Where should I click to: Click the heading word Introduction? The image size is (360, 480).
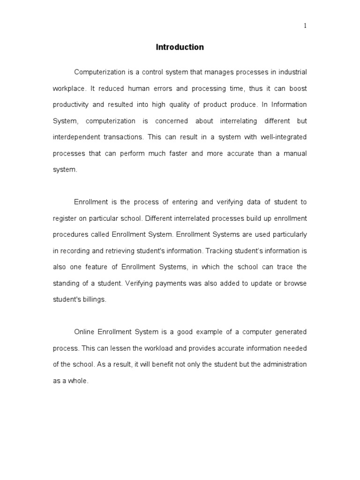[x=180, y=47]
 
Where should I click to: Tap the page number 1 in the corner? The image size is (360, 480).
[x=305, y=26]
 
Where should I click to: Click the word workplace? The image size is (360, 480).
[x=68, y=89]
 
